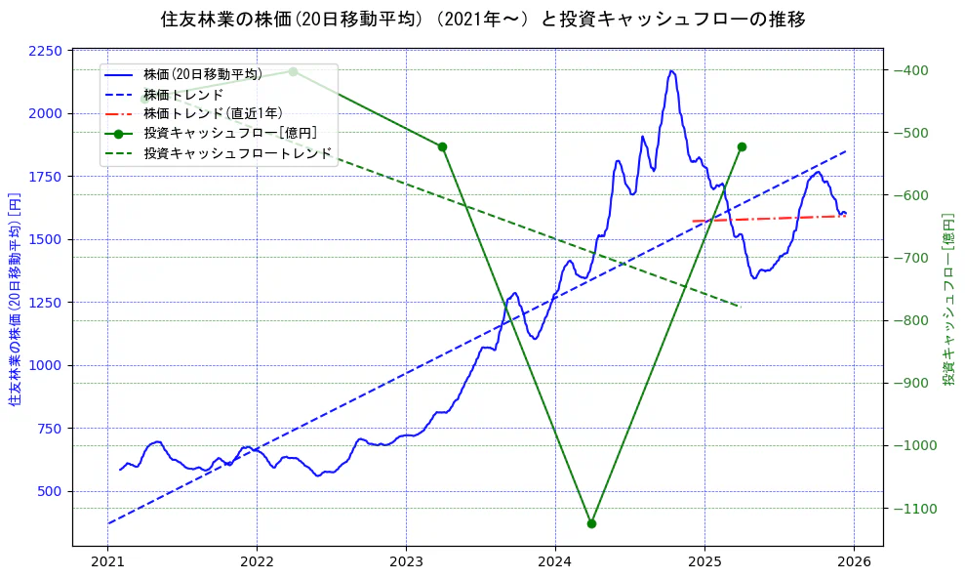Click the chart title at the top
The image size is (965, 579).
pos(482,19)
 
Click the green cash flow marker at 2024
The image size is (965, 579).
pos(591,523)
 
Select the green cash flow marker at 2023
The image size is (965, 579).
pos(442,146)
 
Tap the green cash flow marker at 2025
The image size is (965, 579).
pos(742,146)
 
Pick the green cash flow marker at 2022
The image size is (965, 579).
pos(293,71)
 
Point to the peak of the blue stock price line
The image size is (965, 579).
pos(671,71)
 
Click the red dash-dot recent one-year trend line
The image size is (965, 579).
pos(771,219)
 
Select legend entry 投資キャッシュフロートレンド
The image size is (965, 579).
pos(237,153)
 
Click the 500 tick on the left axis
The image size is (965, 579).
pos(49,491)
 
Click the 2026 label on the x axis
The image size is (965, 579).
pos(854,562)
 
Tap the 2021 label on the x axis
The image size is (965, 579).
pos(108,562)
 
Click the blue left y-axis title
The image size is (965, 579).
pos(15,298)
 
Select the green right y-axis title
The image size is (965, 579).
pos(948,298)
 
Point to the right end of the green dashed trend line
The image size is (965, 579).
pos(740,307)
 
